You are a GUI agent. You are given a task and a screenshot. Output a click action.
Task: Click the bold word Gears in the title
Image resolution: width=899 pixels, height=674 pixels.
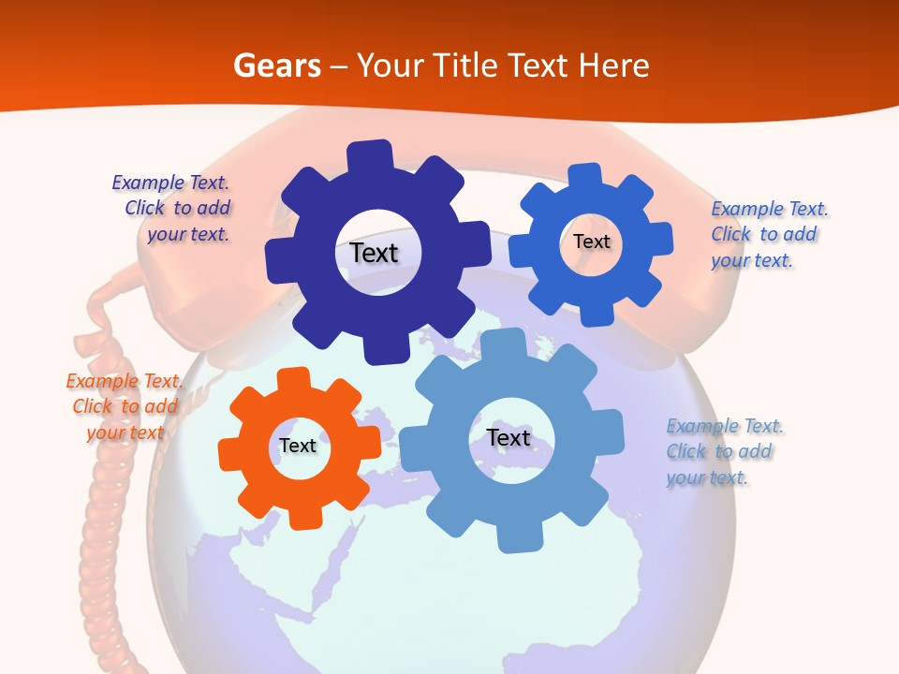click(276, 66)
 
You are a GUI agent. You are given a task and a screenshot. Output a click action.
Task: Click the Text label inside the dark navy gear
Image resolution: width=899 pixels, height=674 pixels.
click(374, 253)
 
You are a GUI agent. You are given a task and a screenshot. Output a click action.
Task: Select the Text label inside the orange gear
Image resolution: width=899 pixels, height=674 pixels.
click(298, 447)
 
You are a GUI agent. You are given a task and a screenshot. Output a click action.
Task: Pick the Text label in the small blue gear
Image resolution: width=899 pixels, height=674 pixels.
click(592, 242)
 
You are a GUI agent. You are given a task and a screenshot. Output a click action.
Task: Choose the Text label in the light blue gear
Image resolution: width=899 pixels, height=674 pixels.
click(508, 437)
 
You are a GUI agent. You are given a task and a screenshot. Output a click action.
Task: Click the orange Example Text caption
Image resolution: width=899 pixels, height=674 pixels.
click(125, 406)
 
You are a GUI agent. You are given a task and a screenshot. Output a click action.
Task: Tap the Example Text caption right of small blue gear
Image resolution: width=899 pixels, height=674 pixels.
click(769, 234)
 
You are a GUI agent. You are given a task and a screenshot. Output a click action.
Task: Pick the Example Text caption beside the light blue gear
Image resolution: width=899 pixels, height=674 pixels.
click(725, 451)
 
